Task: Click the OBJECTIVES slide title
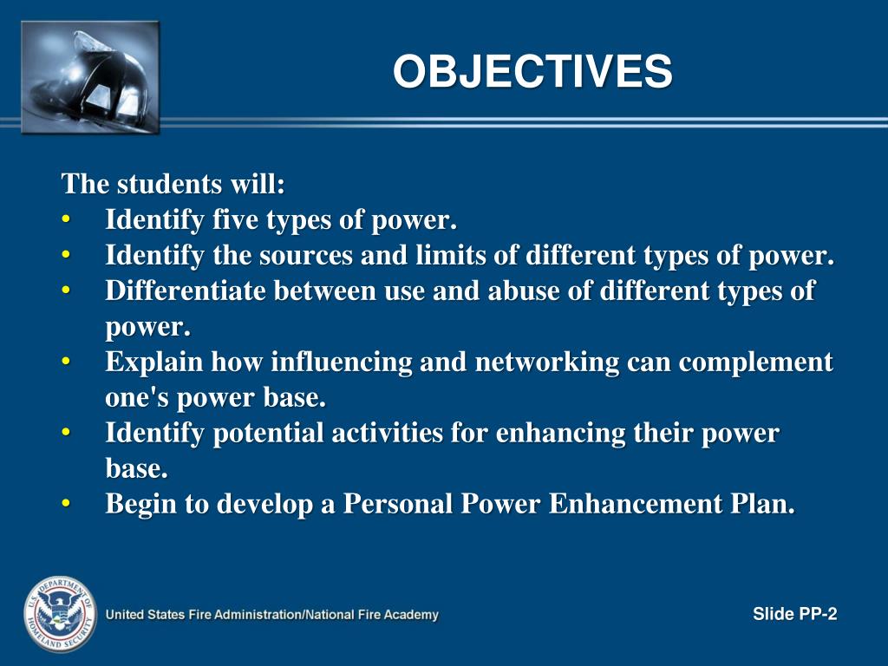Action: point(532,72)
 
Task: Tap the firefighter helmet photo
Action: point(90,78)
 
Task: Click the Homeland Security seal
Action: point(58,614)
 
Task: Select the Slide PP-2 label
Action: point(794,615)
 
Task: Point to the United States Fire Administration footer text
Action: point(272,615)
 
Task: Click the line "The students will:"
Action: point(173,184)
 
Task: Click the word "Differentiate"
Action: point(185,291)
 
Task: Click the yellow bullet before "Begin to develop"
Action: point(67,503)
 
